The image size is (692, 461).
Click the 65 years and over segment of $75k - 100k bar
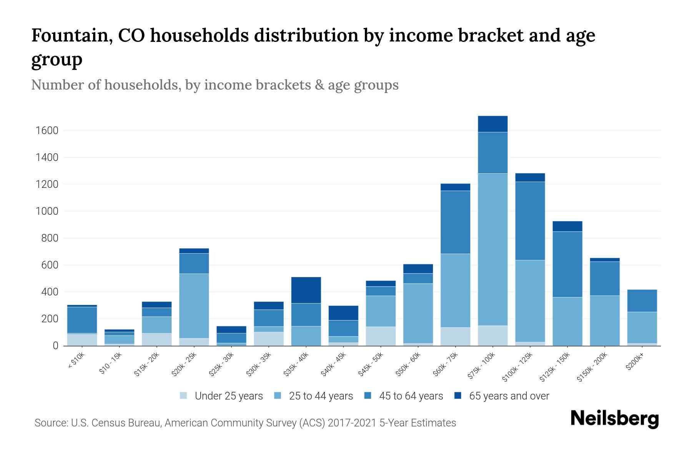tap(492, 124)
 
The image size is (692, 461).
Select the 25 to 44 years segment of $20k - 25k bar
tap(194, 306)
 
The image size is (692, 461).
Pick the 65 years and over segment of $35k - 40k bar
tap(306, 290)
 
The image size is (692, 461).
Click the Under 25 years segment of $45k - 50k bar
tap(381, 336)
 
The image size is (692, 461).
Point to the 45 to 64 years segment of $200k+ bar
tap(642, 301)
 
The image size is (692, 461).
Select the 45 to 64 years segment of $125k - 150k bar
tap(567, 264)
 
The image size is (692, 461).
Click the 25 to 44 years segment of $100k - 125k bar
tap(530, 301)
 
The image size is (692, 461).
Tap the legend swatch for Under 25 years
tap(184, 396)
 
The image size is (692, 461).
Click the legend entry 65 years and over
tap(509, 396)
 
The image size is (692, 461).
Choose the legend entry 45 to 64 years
tap(411, 396)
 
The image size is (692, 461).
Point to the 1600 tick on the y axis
tap(47, 131)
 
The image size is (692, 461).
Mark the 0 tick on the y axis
tap(55, 346)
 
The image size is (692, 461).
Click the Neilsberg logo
tap(614, 419)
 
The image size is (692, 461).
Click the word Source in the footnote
tap(50, 423)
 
